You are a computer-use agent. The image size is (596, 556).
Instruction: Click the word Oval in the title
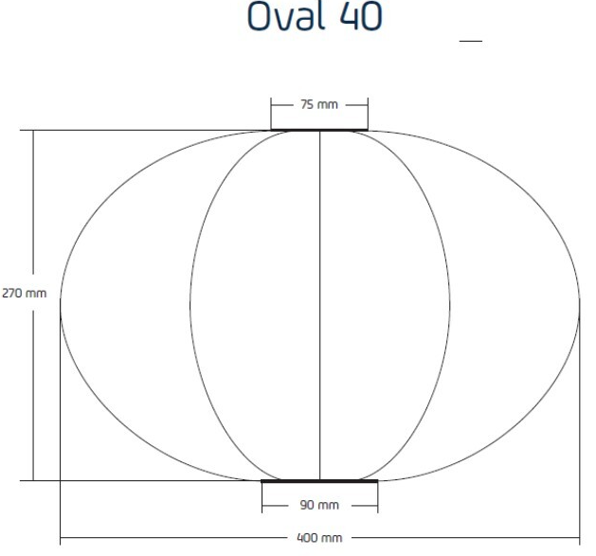click(287, 16)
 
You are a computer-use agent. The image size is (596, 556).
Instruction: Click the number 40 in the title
click(361, 16)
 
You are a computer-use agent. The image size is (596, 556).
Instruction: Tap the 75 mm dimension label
click(319, 104)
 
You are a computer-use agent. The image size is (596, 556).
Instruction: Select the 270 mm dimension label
click(25, 293)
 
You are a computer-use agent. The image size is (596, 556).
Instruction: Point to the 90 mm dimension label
click(319, 505)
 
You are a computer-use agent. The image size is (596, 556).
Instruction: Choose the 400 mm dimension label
click(319, 538)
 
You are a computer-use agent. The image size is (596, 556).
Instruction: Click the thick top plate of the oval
click(319, 130)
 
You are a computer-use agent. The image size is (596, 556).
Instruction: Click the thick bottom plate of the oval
click(319, 481)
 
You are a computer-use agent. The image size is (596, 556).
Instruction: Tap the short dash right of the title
click(471, 41)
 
